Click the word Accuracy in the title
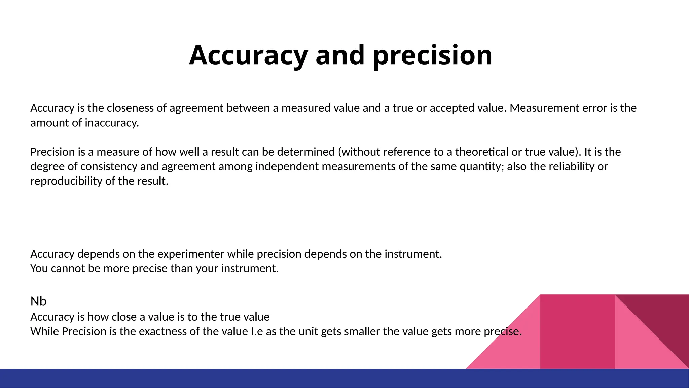point(248,55)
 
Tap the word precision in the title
point(433,55)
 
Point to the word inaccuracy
point(112,123)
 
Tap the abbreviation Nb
point(38,301)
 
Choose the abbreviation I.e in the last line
point(257,332)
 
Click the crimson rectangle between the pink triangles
point(577,332)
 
